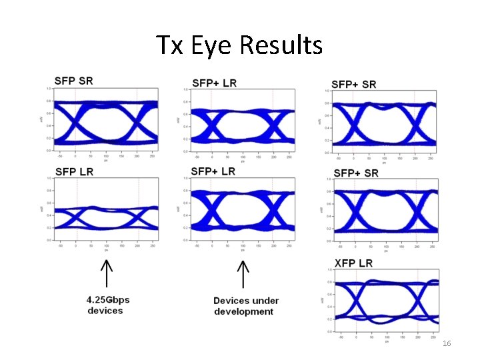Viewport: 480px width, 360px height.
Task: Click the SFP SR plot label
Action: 74,81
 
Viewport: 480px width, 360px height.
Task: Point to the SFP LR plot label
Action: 74,171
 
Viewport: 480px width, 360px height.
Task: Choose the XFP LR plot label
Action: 353,263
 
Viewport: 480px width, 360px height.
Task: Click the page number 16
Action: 447,343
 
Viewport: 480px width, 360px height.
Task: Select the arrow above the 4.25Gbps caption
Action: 105,275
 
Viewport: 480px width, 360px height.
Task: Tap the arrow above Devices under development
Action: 243,275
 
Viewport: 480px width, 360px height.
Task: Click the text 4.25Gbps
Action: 109,300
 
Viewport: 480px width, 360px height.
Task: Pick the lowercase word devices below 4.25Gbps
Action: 105,311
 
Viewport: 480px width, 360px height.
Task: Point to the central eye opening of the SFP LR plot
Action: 107,217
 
